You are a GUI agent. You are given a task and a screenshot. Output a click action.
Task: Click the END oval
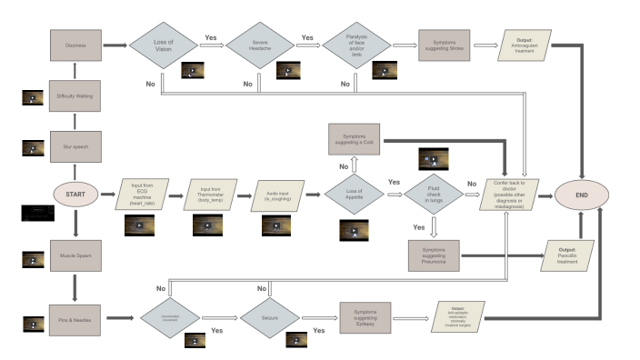[x=582, y=193]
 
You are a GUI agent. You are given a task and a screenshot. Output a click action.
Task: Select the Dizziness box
[x=75, y=45]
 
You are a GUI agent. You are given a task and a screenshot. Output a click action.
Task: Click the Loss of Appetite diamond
[x=355, y=194]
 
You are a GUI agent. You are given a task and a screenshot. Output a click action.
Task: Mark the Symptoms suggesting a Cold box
[x=355, y=139]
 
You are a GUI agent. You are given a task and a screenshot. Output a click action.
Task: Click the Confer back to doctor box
[x=515, y=194]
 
